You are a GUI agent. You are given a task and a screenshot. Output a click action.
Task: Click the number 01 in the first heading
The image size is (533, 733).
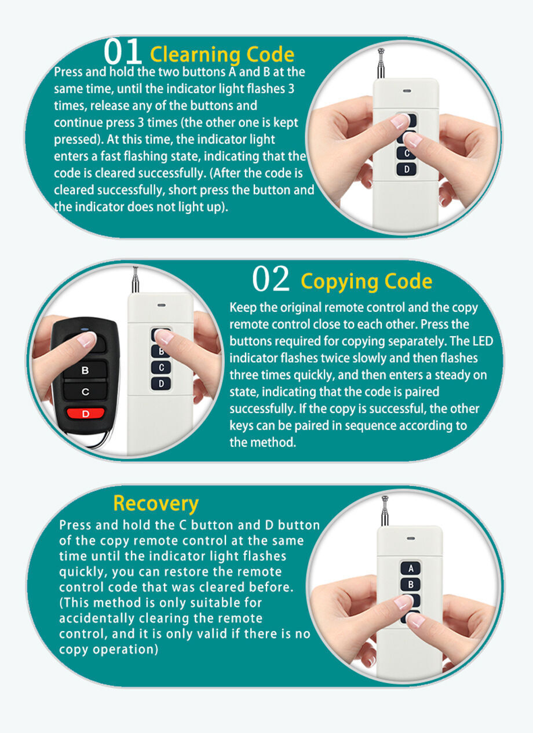123,52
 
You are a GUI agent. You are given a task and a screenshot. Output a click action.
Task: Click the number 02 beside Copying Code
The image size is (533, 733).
271,280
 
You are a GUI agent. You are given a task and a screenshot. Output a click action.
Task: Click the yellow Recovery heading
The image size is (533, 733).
155,503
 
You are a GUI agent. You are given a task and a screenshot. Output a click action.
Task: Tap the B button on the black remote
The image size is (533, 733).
85,370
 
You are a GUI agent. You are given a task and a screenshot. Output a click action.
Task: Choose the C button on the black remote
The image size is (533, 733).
85,392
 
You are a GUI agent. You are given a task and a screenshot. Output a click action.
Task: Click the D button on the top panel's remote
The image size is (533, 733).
407,169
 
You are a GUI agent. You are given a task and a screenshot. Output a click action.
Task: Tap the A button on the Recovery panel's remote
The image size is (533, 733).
410,568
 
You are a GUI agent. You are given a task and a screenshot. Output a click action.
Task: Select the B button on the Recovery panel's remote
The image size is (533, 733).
410,585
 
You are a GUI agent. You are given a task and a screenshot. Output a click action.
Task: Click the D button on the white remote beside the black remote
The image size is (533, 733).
161,384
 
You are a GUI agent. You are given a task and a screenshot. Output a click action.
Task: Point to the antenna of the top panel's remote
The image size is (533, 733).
381,63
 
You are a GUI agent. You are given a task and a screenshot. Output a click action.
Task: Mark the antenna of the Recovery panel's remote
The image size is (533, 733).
385,510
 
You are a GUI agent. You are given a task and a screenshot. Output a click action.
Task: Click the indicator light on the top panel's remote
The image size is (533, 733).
407,91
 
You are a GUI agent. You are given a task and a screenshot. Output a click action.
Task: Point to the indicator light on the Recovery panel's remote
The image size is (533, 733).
410,538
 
